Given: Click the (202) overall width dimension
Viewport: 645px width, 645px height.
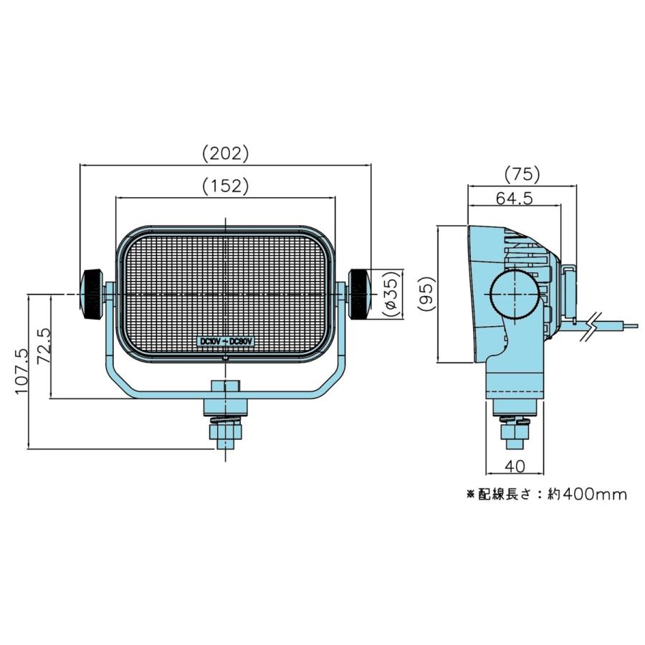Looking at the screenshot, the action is [226, 153].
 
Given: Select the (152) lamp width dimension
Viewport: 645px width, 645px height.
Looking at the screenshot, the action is [226, 186].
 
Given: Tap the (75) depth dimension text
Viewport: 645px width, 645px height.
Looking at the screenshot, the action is [522, 174].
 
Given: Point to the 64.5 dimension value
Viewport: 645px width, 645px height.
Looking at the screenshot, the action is [514, 199].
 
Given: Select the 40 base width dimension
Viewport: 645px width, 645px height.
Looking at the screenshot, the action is [515, 466].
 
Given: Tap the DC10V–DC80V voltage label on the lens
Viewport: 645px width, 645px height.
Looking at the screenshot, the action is [226, 342].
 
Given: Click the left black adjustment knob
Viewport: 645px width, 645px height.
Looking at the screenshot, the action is [92, 294].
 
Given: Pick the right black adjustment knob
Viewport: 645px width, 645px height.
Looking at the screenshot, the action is [359, 294].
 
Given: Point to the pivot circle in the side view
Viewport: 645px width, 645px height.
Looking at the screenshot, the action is [515, 295].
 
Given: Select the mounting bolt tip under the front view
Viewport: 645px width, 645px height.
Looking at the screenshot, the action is [226, 444].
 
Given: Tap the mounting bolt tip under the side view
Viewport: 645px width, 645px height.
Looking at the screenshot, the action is [515, 444].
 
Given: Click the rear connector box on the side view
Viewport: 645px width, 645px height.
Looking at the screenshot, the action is [569, 291].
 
